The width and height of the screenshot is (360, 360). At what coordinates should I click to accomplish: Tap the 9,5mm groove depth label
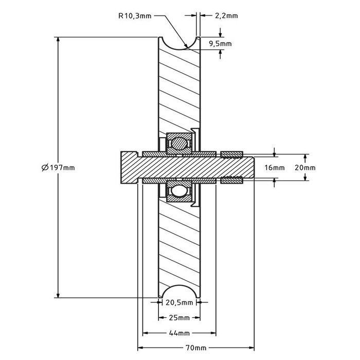coord(220,44)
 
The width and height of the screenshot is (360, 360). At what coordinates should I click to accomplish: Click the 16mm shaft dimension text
coord(274,168)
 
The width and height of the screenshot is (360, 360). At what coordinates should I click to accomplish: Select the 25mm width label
coord(179,317)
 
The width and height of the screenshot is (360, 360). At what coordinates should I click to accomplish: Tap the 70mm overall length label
coord(196,348)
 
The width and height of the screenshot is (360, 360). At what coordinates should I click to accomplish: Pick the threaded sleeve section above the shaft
coord(231,154)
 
